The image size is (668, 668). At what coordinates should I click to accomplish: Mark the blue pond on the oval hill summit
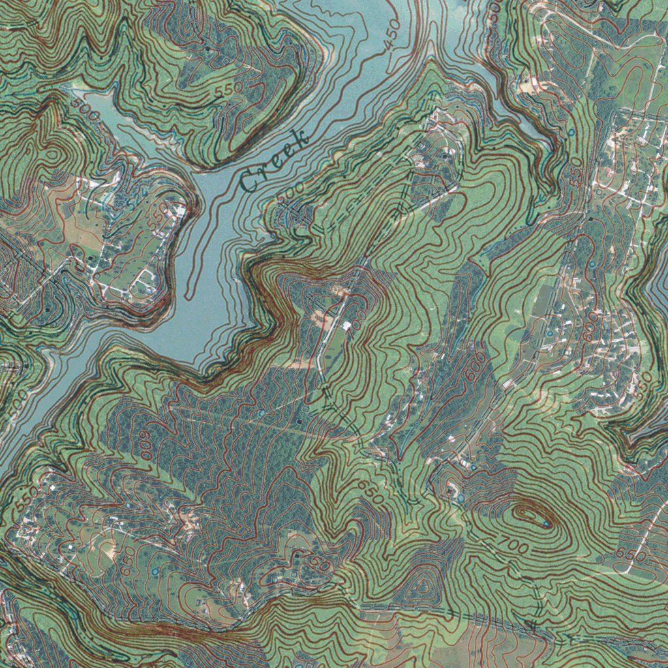pos(544,522)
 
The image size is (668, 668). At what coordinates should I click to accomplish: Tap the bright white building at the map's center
pos(346,324)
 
